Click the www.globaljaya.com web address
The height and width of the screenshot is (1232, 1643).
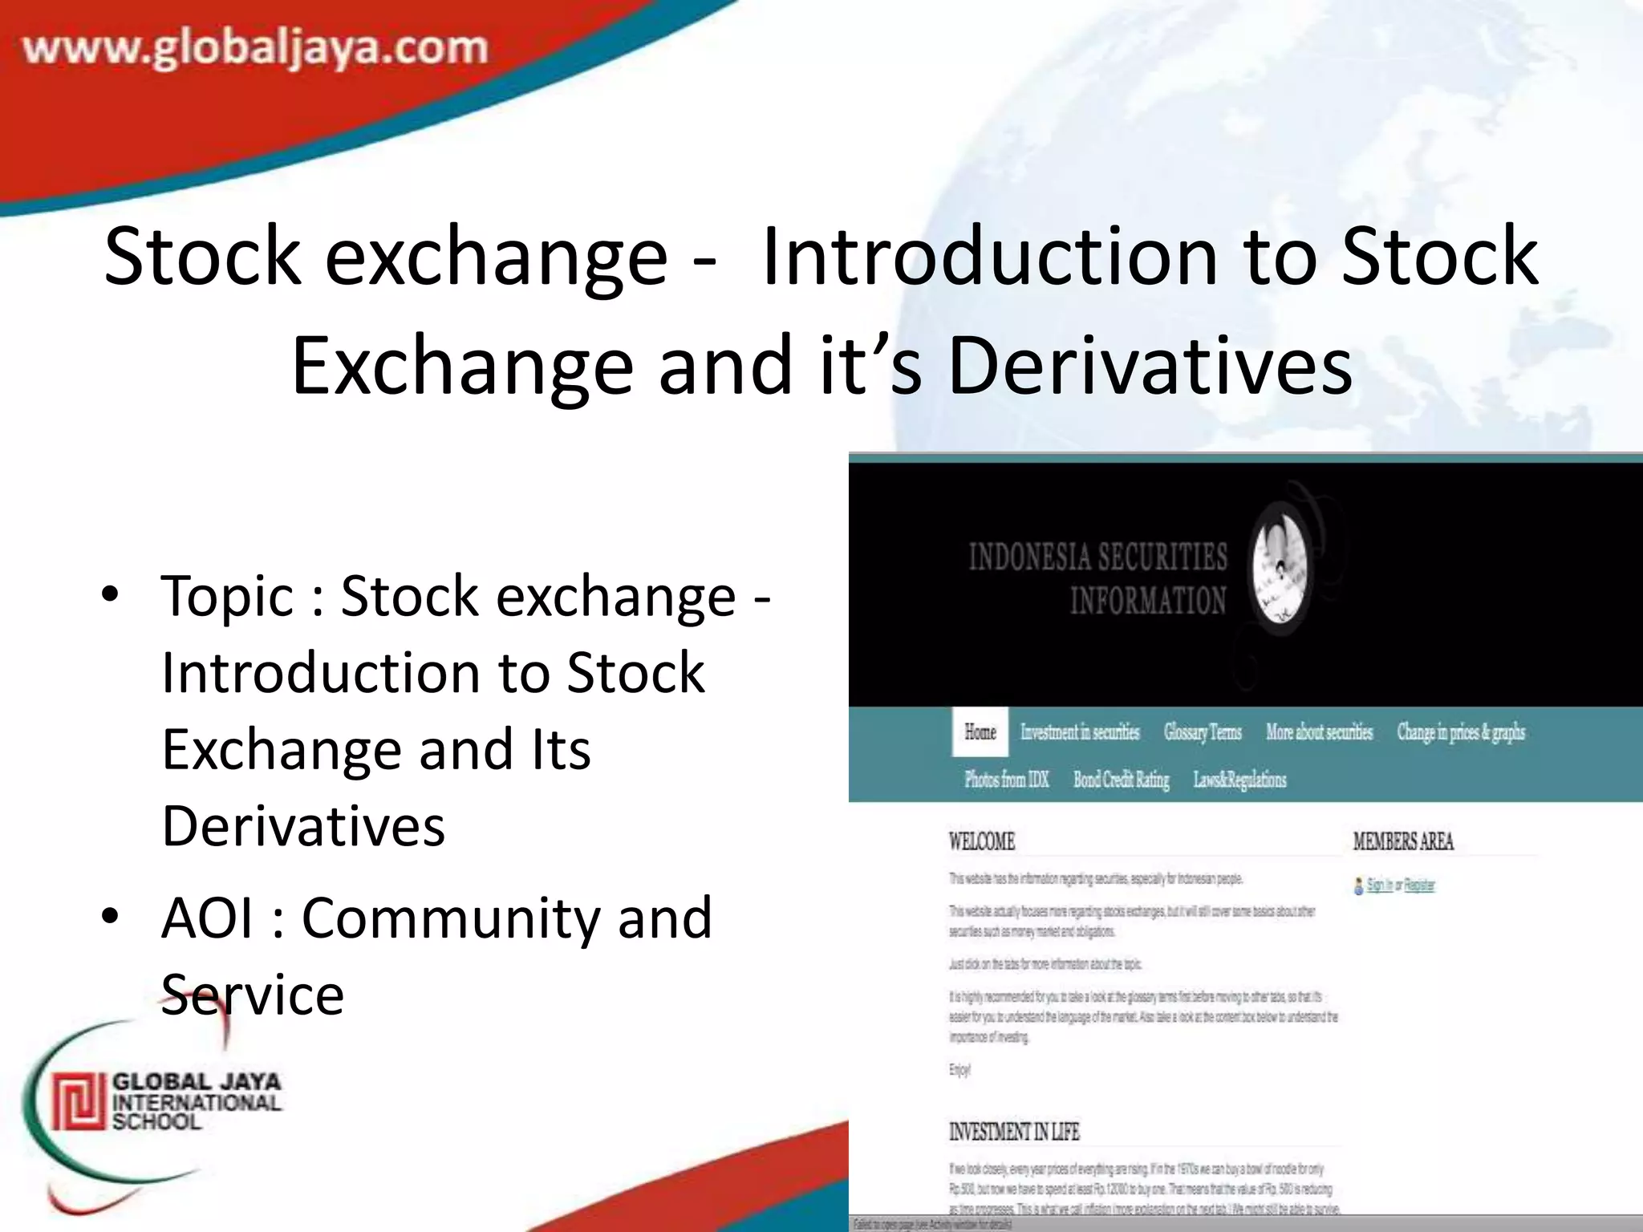tap(255, 48)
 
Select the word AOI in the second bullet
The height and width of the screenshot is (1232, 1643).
tap(208, 918)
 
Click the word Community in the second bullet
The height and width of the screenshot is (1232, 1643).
tap(450, 918)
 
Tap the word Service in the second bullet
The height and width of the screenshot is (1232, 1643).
tap(253, 995)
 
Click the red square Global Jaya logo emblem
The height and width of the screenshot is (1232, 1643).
tap(79, 1100)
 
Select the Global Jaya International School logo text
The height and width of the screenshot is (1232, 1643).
tap(197, 1101)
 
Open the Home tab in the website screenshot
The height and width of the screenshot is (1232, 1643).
tap(980, 732)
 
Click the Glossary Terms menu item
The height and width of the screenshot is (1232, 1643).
tap(1203, 732)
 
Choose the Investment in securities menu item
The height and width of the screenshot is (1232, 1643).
tap(1080, 732)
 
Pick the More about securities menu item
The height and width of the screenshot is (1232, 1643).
tap(1319, 732)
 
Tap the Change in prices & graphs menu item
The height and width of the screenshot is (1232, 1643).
tap(1461, 732)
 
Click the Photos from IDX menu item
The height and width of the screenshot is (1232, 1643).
tap(1007, 780)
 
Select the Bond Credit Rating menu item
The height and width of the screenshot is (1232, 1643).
tap(1121, 780)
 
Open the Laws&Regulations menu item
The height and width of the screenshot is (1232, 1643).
tap(1239, 780)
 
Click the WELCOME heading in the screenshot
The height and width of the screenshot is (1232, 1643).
tap(982, 841)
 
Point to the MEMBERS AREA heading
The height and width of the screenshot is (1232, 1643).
tap(1403, 841)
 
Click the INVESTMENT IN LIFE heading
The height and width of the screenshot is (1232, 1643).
tap(1014, 1132)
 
